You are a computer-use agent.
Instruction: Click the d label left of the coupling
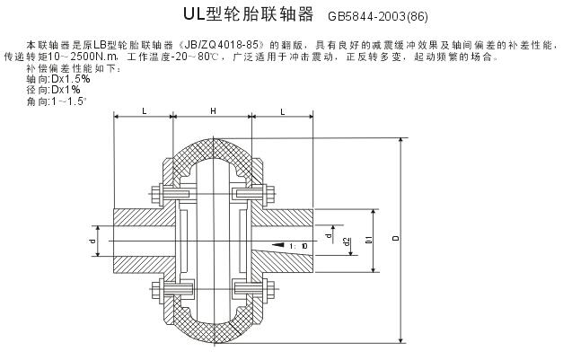[x=93, y=240]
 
